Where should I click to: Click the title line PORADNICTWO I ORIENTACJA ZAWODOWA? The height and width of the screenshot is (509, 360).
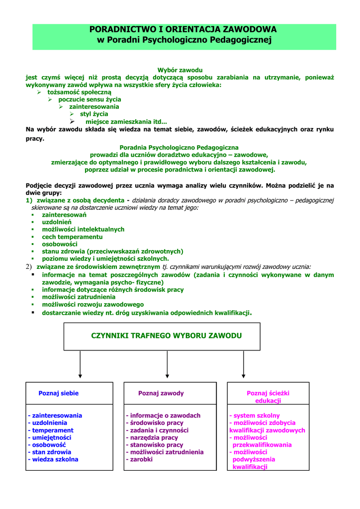tap(183, 29)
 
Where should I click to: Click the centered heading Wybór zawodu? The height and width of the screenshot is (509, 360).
tap(180, 70)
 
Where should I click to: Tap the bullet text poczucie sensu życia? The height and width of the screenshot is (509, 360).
tap(90, 99)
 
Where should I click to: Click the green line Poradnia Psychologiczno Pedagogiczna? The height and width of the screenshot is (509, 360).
tap(180, 148)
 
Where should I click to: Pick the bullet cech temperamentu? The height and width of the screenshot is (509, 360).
tap(72, 237)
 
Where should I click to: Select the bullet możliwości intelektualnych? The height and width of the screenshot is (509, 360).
tap(83, 229)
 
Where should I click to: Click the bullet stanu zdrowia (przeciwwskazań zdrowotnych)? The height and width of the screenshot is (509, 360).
tap(112, 251)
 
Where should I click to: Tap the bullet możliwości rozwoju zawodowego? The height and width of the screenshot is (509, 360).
tap(93, 304)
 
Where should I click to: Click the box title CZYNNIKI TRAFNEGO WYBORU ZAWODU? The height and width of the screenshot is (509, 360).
tap(167, 336)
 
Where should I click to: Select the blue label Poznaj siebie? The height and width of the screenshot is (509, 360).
tap(59, 393)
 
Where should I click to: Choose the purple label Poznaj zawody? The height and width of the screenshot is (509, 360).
tap(161, 393)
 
